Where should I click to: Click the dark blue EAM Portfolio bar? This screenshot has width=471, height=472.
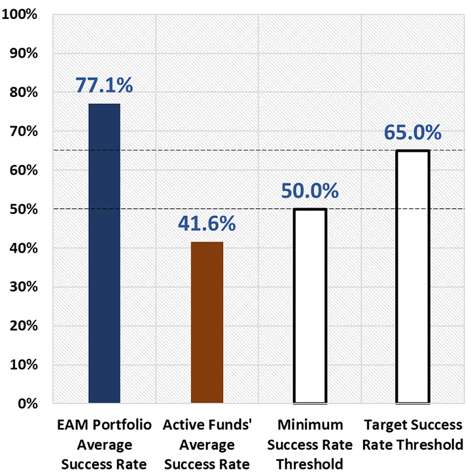tap(104, 253)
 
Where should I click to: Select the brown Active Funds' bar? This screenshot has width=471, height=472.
tap(207, 322)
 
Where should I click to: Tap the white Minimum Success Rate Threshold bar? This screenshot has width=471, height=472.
tap(310, 306)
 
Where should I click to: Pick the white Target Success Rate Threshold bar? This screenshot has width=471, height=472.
tap(413, 276)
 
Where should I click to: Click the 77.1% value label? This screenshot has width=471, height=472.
tap(104, 85)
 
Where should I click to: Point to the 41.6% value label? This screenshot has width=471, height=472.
tap(207, 223)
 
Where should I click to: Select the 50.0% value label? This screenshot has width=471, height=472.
tap(310, 191)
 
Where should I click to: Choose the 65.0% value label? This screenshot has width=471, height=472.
tap(413, 132)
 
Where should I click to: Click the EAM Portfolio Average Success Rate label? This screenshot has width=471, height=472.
tap(105, 445)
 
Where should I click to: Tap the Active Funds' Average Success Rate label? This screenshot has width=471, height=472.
tap(207, 445)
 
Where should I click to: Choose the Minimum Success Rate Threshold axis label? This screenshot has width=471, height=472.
tap(310, 445)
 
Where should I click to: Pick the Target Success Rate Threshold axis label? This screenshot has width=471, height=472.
tap(413, 435)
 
